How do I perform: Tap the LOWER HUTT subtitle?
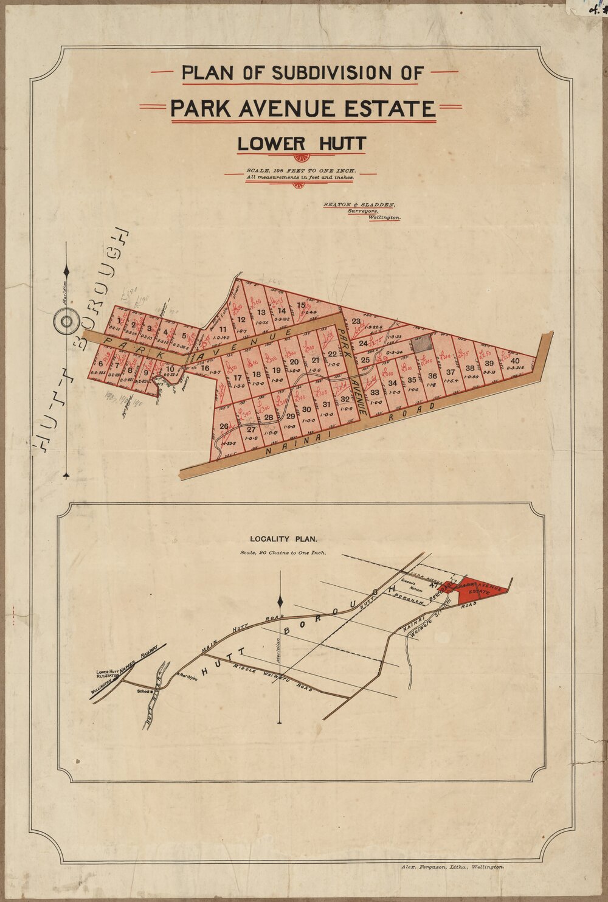(302, 144)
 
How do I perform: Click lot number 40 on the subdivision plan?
(516, 361)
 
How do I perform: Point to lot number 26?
(224, 426)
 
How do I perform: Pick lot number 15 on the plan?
(300, 305)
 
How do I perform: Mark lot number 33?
(375, 393)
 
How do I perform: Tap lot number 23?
(356, 322)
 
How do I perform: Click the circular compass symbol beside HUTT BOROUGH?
(66, 321)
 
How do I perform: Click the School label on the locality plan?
(145, 691)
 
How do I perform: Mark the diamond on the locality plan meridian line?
(280, 602)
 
